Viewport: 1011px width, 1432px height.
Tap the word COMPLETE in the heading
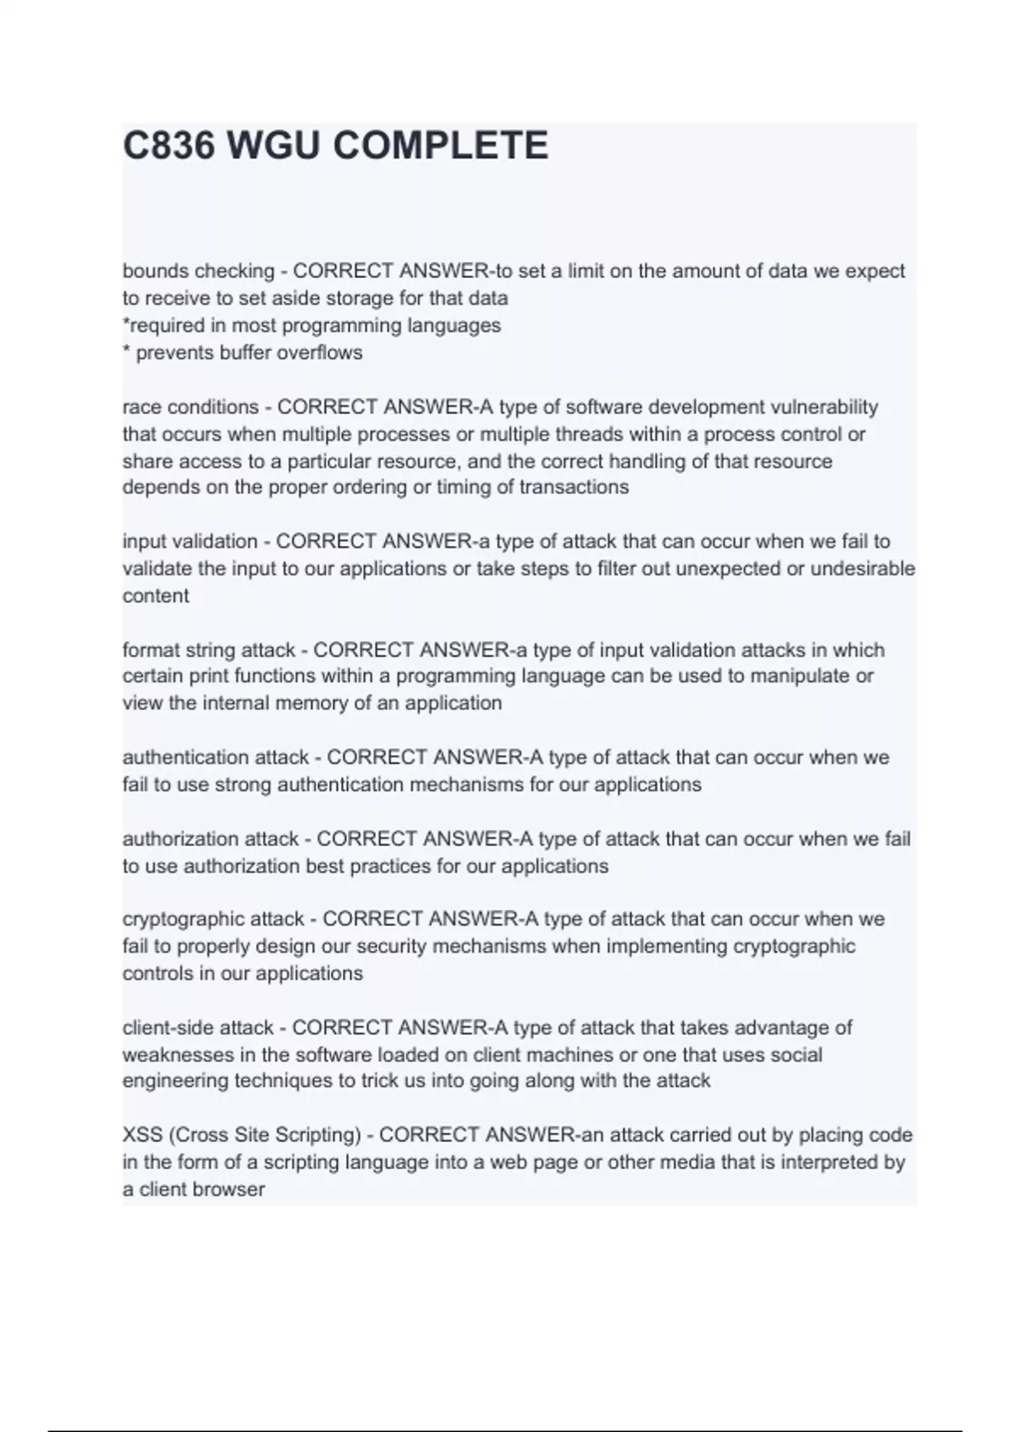[x=441, y=146]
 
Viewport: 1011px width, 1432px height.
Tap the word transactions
[x=574, y=488]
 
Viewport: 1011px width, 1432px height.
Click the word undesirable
[x=863, y=569]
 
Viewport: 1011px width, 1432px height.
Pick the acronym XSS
[x=142, y=1135]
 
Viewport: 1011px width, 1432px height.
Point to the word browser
[x=229, y=1190]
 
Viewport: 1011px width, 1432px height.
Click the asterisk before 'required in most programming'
[x=126, y=323]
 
